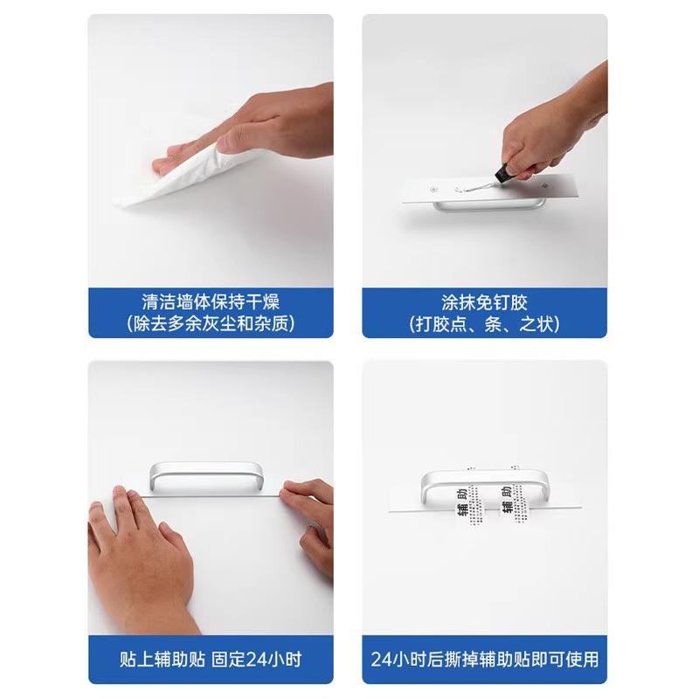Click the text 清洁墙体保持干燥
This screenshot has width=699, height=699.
(x=211, y=302)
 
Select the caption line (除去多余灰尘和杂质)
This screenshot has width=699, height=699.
(x=211, y=324)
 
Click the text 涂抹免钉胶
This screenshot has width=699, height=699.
(x=485, y=302)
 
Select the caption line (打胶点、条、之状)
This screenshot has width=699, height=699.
(x=485, y=324)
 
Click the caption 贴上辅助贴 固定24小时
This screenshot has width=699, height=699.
(x=211, y=658)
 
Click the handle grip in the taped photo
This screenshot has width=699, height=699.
(x=485, y=475)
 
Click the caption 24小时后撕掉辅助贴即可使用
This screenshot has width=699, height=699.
(x=485, y=658)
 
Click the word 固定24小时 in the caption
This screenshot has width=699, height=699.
(x=259, y=658)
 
